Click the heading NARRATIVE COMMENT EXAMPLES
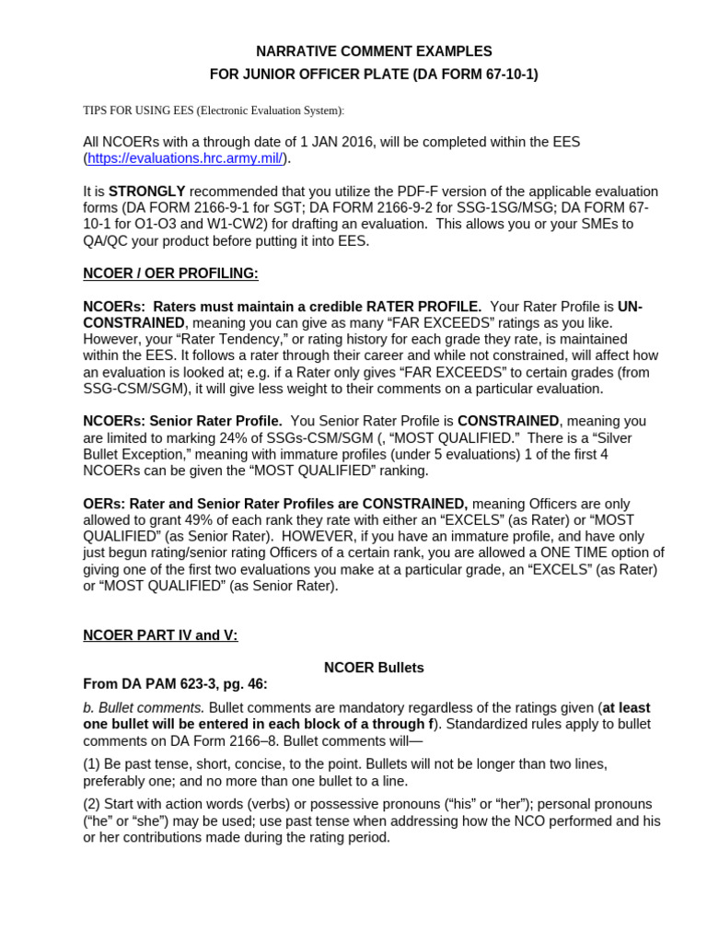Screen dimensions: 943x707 click(x=373, y=52)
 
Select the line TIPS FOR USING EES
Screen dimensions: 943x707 click(x=214, y=111)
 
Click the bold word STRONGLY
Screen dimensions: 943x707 click(x=147, y=192)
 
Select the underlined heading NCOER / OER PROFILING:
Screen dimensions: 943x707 click(x=170, y=274)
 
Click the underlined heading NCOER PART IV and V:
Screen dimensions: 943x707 click(x=160, y=635)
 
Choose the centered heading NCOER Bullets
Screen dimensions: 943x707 click(x=374, y=668)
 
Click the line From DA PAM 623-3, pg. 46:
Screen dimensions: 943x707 click(x=175, y=684)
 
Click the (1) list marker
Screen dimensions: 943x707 click(x=93, y=764)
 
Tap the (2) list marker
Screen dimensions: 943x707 click(x=93, y=805)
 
